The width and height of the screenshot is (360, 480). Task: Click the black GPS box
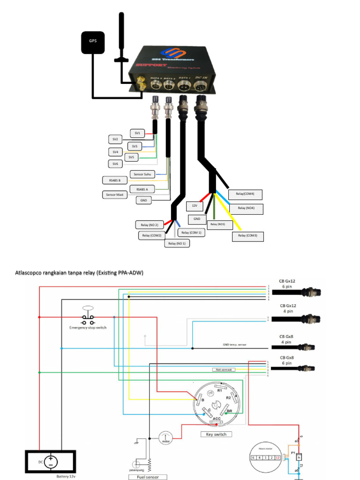tap(92, 41)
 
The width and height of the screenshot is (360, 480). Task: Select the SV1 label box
tap(137, 133)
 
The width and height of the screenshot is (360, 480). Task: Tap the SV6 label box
tap(115, 164)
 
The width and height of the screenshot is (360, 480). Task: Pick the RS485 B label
tap(115, 180)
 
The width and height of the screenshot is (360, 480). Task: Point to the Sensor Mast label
tap(115, 194)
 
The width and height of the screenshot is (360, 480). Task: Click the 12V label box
tap(194, 206)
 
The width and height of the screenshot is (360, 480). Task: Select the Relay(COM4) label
tap(245, 193)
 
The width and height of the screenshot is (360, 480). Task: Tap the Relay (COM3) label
tap(248, 235)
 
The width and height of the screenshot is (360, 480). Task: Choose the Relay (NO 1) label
tap(177, 243)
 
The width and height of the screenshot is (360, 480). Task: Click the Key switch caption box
tap(216, 434)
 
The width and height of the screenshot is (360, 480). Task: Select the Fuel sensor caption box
tap(148, 477)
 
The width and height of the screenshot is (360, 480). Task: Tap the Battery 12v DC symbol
tap(51, 462)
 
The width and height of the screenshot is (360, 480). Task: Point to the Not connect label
tap(224, 370)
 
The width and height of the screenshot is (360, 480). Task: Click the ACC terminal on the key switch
tap(217, 419)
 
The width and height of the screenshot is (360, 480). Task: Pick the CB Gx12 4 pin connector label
tap(289, 308)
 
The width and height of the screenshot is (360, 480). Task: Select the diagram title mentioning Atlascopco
tap(79, 272)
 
